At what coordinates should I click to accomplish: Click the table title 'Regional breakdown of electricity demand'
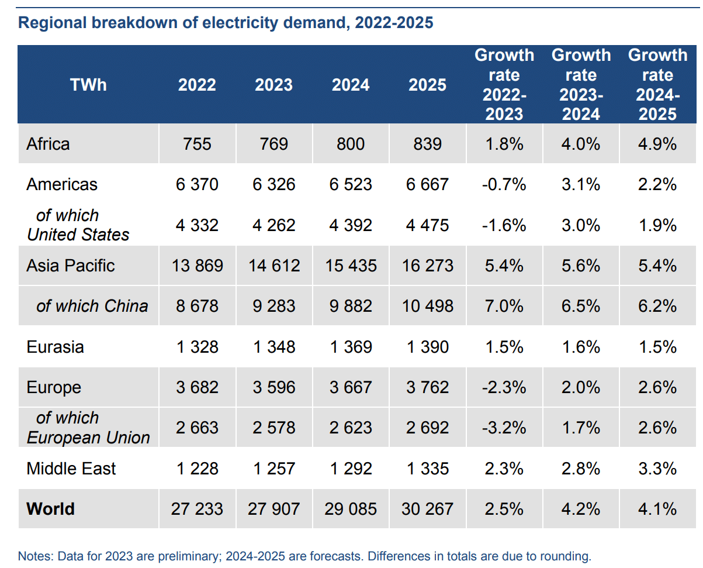[226, 23]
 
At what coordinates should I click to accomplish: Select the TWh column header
[88, 85]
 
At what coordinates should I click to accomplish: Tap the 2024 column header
[351, 85]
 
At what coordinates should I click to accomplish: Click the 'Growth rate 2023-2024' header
[581, 85]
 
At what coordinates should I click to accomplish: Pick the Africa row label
[48, 144]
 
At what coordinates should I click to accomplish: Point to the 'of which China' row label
[92, 306]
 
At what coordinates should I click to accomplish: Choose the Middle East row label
[71, 469]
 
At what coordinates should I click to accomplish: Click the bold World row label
[50, 508]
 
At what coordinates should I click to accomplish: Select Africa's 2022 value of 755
[197, 144]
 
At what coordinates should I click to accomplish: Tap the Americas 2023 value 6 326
[273, 185]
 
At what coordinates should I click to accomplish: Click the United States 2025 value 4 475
[427, 225]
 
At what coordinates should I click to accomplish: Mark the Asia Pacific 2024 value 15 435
[351, 266]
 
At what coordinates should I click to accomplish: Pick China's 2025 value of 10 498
[427, 306]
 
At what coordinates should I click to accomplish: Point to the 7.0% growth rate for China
[504, 306]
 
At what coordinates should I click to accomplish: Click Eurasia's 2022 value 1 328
[197, 347]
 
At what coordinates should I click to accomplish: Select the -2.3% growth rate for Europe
[504, 387]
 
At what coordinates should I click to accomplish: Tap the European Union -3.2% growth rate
[504, 428]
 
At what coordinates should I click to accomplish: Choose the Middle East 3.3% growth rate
[657, 469]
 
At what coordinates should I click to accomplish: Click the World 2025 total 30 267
[427, 508]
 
